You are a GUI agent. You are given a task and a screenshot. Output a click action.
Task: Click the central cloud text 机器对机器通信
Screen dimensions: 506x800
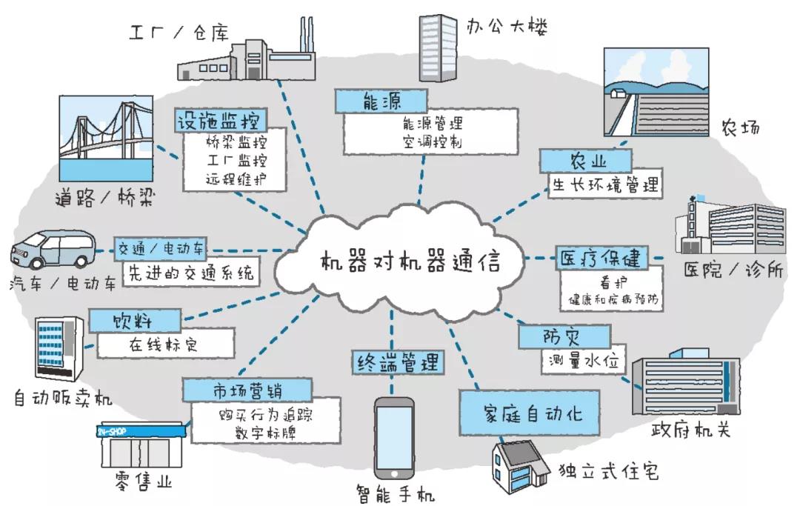coord(410,263)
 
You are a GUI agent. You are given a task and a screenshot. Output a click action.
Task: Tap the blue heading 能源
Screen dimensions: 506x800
coord(381,101)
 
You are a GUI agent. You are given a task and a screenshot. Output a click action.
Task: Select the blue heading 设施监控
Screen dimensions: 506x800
coord(220,120)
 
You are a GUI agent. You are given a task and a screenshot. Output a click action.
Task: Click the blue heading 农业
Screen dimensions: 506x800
coord(585,160)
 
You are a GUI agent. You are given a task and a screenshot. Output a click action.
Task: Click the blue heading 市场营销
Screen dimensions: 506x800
coord(247,389)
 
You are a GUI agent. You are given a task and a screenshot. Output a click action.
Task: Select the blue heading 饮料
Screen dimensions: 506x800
coord(135,321)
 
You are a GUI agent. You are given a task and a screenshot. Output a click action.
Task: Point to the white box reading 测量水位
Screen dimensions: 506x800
coord(584,363)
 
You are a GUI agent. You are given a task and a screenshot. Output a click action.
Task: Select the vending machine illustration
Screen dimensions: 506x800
coord(57,349)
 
